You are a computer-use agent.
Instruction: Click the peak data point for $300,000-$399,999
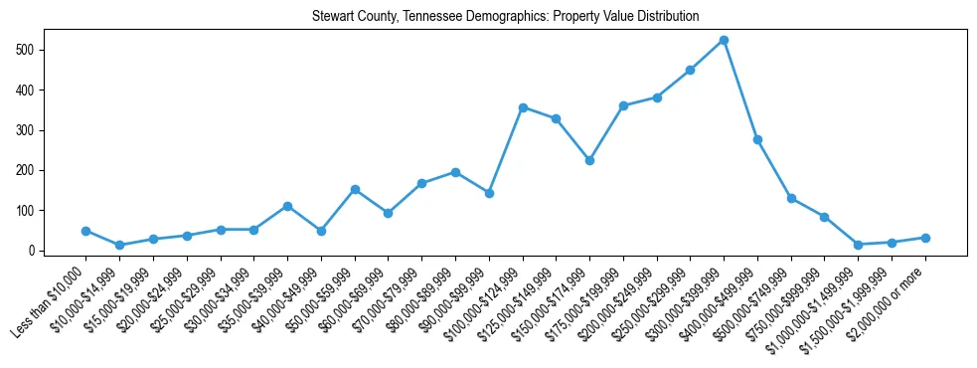tap(724, 40)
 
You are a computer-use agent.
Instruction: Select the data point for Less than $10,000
tap(86, 231)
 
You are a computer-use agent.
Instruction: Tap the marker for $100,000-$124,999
tap(522, 107)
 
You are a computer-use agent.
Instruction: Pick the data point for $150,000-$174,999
tap(589, 160)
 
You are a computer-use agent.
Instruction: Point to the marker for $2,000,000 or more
tap(925, 238)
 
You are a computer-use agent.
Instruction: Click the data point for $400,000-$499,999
tap(757, 140)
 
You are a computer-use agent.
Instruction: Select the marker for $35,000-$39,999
tap(287, 206)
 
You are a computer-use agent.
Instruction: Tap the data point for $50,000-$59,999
tap(355, 189)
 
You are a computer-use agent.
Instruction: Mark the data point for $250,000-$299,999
tap(690, 70)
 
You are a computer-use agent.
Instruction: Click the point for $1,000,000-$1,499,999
tap(858, 245)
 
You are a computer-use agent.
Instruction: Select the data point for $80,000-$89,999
tap(455, 172)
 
